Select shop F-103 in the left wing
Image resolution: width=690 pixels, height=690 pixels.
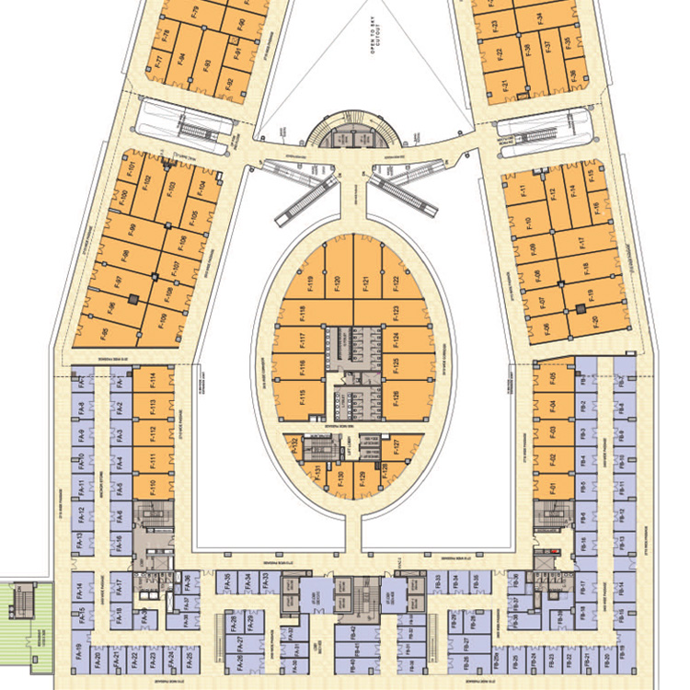(x=170, y=190)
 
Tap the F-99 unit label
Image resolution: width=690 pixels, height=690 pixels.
(x=132, y=230)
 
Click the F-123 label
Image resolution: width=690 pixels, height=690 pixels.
(x=396, y=310)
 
